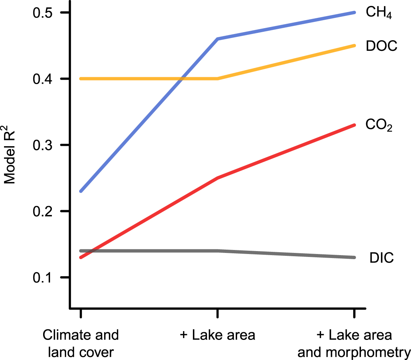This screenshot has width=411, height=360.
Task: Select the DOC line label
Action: (381, 46)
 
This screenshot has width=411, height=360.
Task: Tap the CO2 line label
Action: (379, 126)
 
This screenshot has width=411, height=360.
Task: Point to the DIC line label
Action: (381, 258)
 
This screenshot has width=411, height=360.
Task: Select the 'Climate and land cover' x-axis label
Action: (81, 344)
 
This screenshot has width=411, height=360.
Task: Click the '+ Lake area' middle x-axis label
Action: (217, 335)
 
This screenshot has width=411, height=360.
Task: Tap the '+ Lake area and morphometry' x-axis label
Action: (354, 344)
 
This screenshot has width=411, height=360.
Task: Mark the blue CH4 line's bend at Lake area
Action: (217, 39)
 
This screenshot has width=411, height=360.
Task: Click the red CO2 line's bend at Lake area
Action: (217, 178)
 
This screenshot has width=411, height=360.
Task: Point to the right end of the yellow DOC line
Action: (354, 46)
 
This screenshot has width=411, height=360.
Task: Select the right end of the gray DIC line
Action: (354, 257)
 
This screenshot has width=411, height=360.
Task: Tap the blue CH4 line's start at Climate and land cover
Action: (81, 191)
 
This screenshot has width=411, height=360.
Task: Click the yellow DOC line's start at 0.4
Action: (81, 79)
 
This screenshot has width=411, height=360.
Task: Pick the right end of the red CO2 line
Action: (354, 125)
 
